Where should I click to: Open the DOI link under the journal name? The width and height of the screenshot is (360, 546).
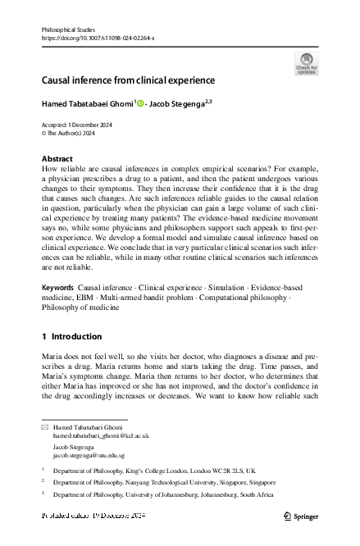point(97,39)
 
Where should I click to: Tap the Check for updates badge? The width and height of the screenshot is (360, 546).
point(306,63)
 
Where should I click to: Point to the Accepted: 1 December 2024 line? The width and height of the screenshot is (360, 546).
point(80,125)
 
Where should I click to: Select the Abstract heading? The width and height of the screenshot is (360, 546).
point(57,158)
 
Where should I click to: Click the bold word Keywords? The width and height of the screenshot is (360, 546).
point(57,289)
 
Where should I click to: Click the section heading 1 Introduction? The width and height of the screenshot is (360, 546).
point(71,337)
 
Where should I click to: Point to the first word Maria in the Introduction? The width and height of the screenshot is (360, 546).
point(51,358)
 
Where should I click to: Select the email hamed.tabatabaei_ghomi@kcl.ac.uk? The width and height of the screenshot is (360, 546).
point(101,436)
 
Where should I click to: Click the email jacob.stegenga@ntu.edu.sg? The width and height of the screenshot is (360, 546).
point(89,455)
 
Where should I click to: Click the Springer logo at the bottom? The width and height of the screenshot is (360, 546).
point(302,515)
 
